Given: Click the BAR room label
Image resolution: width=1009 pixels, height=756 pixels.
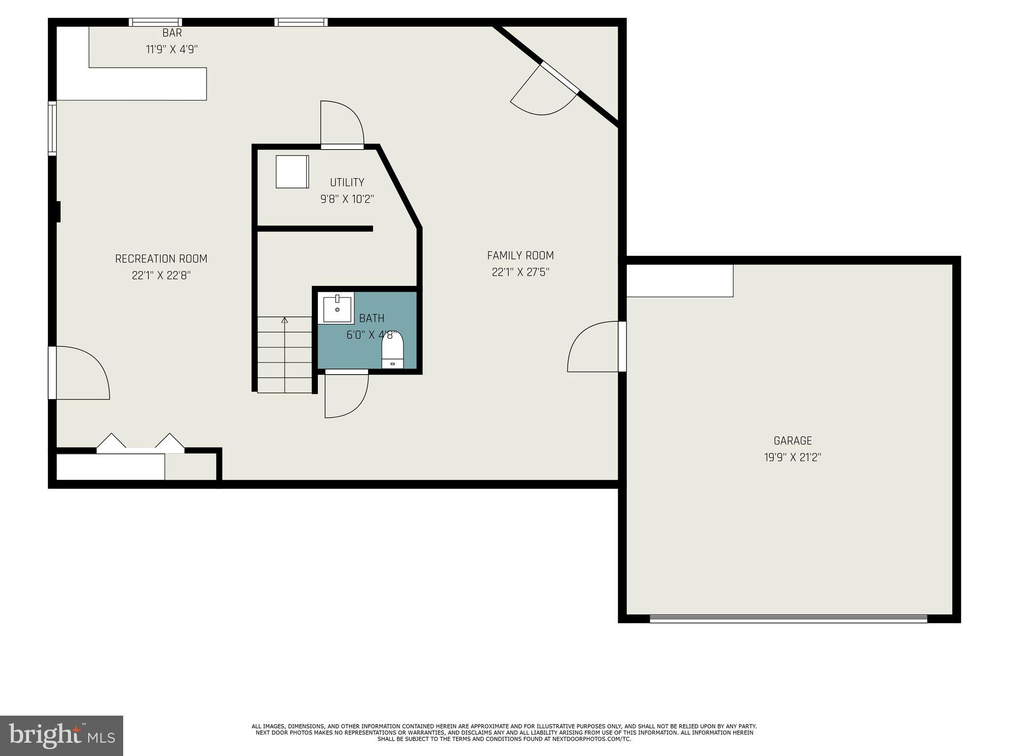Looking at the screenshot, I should click(172, 33).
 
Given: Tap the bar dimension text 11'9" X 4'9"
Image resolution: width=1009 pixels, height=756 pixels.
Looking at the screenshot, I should click(172, 49).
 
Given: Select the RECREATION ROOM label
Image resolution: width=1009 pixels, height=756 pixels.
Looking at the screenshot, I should click(161, 259).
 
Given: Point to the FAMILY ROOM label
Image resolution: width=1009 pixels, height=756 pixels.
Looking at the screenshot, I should click(520, 255).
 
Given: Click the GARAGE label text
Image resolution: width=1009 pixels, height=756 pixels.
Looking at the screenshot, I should click(792, 441).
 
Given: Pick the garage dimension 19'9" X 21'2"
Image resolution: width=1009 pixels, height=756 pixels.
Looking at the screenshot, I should click(792, 458).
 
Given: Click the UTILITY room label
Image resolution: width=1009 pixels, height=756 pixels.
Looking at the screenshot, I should click(347, 183).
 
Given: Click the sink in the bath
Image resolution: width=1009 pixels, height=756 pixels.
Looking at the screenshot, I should click(337, 309).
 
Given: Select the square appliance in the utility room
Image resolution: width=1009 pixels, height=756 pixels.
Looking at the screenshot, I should click(292, 172).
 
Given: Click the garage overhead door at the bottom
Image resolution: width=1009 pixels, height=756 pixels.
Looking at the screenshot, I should click(788, 619).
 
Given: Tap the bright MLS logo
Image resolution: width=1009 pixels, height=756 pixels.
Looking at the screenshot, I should click(61, 735).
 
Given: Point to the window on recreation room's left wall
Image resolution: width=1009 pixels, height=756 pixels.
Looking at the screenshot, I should click(52, 128).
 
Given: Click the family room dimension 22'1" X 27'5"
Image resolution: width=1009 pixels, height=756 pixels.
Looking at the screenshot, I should click(520, 272).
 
